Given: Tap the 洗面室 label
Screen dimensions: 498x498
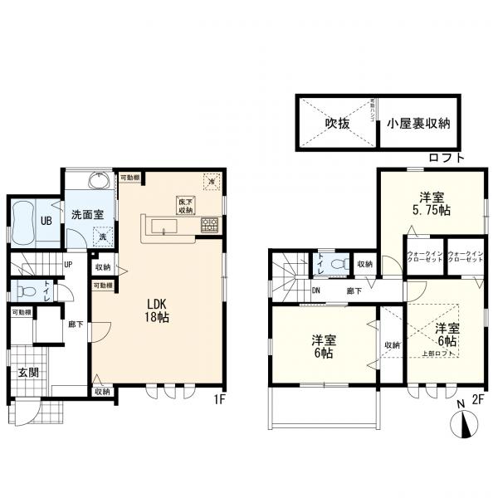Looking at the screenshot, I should [86, 213].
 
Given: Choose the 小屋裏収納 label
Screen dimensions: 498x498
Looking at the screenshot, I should [417, 124].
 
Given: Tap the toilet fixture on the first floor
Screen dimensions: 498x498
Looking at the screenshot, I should [28, 291].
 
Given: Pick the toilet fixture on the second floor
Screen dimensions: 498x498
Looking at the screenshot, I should [339, 263].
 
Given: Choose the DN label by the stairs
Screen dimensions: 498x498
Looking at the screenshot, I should [316, 290].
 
